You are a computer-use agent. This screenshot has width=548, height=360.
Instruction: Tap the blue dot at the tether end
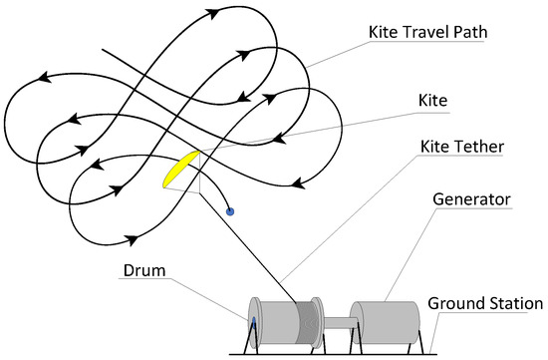pyautogui.click(x=231, y=210)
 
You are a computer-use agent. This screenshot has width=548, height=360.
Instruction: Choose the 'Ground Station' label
pyautogui.click(x=484, y=303)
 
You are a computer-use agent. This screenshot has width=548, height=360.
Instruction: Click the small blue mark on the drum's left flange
pyautogui.click(x=253, y=322)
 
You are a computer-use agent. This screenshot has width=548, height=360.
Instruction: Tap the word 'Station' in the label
pyautogui.click(x=511, y=303)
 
